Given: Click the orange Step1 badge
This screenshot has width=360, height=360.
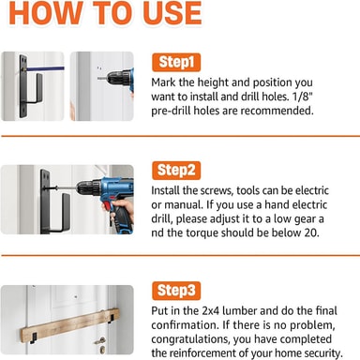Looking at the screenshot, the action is [x=176, y=62].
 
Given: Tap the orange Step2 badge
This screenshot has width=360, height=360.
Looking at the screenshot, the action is [x=176, y=171].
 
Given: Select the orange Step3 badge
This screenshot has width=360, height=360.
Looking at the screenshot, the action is [x=176, y=291].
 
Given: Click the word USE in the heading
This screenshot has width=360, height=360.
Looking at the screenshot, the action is [x=172, y=13].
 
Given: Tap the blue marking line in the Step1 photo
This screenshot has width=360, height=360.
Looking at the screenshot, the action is [x=45, y=68].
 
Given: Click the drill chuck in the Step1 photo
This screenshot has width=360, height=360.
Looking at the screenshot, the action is [x=118, y=78].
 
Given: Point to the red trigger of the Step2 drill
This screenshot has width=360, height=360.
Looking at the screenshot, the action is [x=107, y=206].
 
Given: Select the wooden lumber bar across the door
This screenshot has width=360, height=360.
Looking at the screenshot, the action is [x=70, y=325].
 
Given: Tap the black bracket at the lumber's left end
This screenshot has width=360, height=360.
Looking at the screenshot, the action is [x=33, y=337].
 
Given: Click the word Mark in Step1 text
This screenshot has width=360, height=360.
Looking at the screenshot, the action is [x=164, y=82].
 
